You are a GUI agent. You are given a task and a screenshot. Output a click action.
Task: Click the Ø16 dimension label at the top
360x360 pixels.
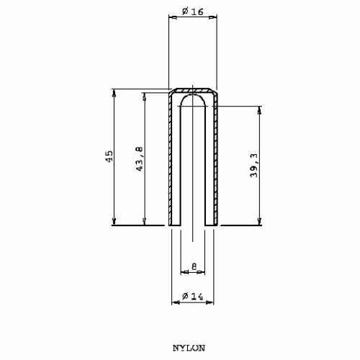pos(192,12)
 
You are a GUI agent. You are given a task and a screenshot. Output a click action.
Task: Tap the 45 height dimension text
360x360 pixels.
pos(109,156)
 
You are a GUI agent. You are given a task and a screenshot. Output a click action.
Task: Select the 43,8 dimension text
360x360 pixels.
pos(140,159)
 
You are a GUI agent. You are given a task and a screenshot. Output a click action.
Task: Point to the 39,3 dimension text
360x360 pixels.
pos(254,166)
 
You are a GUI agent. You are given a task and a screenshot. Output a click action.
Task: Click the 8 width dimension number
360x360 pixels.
pos(194,266)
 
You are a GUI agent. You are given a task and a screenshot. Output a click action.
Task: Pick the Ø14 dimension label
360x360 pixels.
pos(193,297)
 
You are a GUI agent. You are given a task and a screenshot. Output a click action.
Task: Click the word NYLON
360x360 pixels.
pos(189,348)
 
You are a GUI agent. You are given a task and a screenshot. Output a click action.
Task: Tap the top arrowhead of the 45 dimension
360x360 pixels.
pos(114,93)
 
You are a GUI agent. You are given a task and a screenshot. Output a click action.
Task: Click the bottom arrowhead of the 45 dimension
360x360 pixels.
pos(114,221)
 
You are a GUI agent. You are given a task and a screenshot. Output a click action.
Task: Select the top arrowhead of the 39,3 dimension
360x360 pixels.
pos(259,110)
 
